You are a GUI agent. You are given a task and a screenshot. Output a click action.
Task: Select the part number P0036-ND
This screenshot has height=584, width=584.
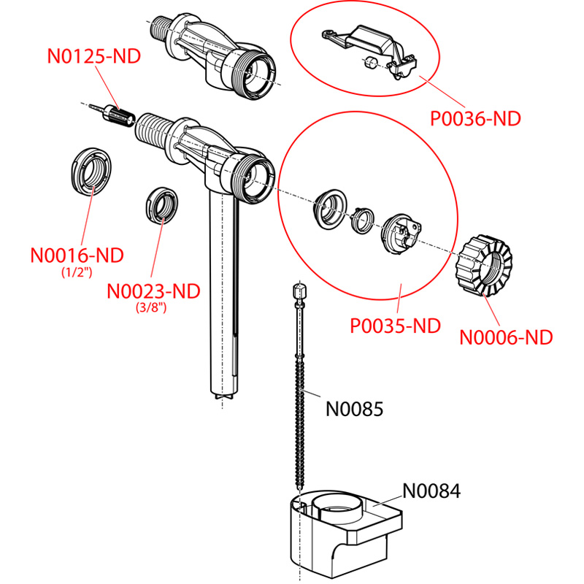pos(475,118)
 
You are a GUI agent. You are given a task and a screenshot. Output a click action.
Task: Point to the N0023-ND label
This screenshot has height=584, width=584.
pos(153,291)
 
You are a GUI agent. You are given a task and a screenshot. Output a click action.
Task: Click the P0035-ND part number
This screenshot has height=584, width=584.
pos(396,325)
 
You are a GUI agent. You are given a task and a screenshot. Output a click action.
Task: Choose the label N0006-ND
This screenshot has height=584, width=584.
pos(506,337)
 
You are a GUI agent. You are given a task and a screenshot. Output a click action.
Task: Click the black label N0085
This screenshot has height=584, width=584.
pos(354,409)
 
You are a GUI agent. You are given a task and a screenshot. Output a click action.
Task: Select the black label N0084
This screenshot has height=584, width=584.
pos(431,491)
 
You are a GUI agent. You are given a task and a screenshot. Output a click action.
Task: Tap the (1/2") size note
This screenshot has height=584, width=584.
pos(77,273)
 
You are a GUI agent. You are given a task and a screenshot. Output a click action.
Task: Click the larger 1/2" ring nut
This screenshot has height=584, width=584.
pos(91,172)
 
